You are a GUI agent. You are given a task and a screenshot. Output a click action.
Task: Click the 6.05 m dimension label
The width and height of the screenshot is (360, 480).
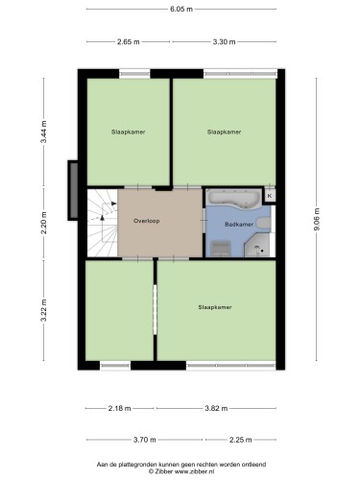[x=181, y=9]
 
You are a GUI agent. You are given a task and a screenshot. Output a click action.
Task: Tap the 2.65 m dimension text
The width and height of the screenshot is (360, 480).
[x=128, y=41]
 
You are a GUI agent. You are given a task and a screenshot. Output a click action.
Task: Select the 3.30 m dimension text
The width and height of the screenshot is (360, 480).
[x=224, y=41]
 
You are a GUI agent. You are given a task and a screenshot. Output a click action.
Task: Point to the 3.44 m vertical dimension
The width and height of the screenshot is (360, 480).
[x=44, y=132]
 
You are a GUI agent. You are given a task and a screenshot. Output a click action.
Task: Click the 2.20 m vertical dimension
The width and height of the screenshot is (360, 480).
[x=44, y=223]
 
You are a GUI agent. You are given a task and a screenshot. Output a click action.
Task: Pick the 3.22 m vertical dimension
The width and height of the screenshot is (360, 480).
[x=44, y=310]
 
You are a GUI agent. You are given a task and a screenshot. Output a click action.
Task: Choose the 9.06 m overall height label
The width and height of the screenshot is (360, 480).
[x=317, y=219]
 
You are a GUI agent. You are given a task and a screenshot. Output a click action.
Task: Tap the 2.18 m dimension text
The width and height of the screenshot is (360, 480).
[x=119, y=408]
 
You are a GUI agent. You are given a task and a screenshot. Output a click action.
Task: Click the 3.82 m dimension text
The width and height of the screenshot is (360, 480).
[x=216, y=408]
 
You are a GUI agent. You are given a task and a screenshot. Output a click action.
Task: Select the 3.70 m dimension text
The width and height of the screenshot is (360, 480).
[x=145, y=440]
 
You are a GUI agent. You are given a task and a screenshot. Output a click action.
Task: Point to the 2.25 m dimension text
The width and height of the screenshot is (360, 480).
[x=241, y=440]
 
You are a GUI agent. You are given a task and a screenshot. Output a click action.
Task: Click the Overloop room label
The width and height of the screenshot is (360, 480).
[x=146, y=221]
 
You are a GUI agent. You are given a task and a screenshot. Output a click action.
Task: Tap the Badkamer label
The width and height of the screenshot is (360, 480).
[x=239, y=225]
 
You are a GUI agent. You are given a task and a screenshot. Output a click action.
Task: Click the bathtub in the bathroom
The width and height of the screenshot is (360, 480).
[x=233, y=200]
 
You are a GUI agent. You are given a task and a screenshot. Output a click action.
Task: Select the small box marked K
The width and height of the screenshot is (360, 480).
[x=270, y=196]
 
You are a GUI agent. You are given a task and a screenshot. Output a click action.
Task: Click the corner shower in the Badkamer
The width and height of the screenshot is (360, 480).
[x=257, y=245]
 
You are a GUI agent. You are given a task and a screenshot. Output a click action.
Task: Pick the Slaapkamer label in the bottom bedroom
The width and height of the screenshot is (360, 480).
[x=215, y=307]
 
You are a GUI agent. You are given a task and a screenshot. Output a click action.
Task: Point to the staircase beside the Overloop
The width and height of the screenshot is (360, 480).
[x=103, y=223]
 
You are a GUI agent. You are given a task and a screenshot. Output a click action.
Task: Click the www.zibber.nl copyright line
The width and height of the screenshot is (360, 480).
[x=181, y=471]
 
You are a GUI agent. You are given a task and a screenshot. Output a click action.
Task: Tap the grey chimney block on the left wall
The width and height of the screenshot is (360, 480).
[x=73, y=190]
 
